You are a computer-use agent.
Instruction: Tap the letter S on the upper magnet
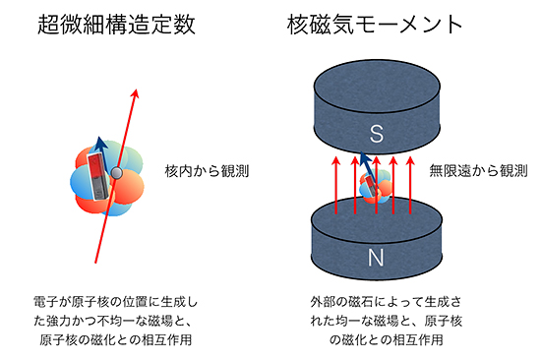(x=375, y=133)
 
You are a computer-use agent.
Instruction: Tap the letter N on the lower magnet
(x=375, y=259)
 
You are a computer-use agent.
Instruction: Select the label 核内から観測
(x=207, y=170)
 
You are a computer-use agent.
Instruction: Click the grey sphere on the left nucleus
(x=117, y=173)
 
